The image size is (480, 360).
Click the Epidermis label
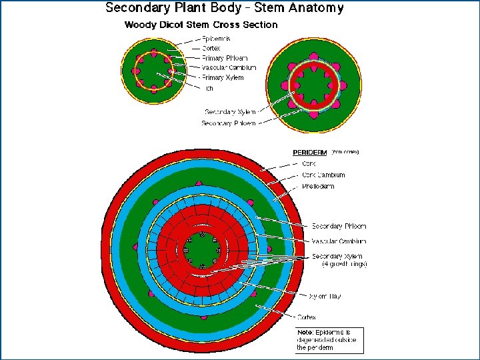tap(218, 39)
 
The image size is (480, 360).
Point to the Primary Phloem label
tap(225, 58)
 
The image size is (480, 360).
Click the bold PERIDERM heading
tap(311, 152)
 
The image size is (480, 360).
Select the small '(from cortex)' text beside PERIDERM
tap(345, 152)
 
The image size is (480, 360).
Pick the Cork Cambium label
tap(325, 175)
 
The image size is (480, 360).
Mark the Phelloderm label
tap(319, 187)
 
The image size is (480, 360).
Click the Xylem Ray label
tap(325, 296)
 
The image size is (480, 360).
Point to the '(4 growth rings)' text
tap(340, 264)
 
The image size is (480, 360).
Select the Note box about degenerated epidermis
tap(327, 340)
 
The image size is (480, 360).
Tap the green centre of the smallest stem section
tap(154, 69)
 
